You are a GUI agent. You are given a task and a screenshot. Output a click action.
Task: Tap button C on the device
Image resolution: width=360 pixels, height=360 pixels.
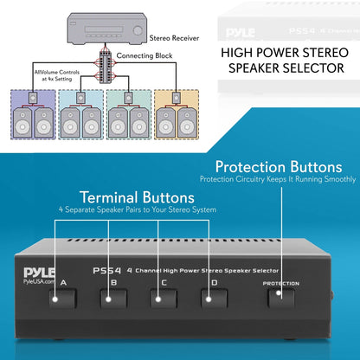click(159, 301)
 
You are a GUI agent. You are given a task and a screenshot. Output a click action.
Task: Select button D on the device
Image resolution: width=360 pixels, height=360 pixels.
click(209, 301)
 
